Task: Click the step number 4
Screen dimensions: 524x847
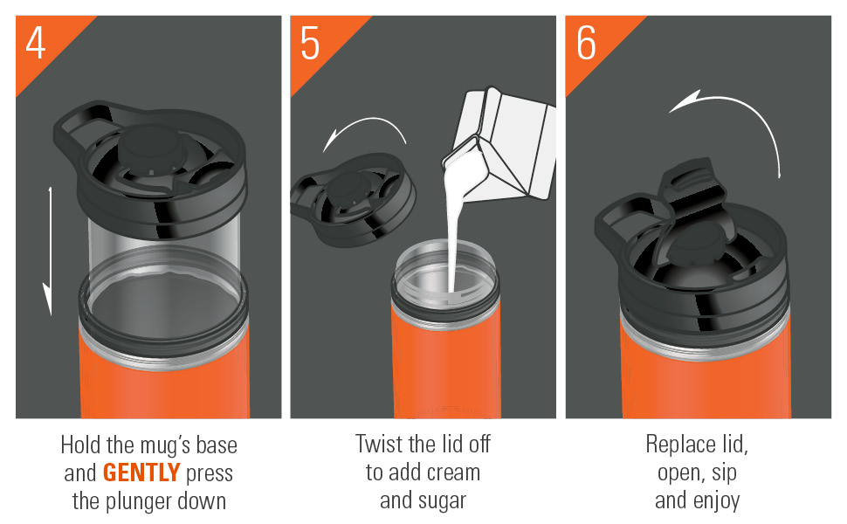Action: pyautogui.click(x=36, y=43)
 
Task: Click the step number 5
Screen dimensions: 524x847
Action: pyautogui.click(x=310, y=43)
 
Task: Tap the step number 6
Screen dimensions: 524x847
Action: pyautogui.click(x=586, y=43)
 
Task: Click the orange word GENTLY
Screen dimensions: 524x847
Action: pyautogui.click(x=141, y=473)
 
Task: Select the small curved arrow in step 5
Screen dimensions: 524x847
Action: pyautogui.click(x=364, y=132)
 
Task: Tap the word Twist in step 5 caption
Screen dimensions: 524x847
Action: pyautogui.click(x=379, y=444)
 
